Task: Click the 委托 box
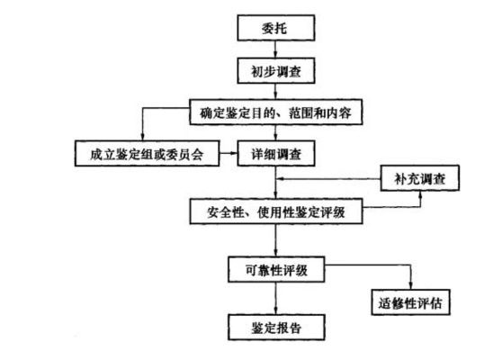[276, 29]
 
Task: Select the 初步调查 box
[276, 70]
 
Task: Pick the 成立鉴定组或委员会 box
[148, 154]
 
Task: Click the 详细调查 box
[276, 154]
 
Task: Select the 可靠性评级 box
[276, 269]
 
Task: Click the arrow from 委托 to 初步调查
[276, 49]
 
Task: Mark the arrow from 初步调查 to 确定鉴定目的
[276, 91]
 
